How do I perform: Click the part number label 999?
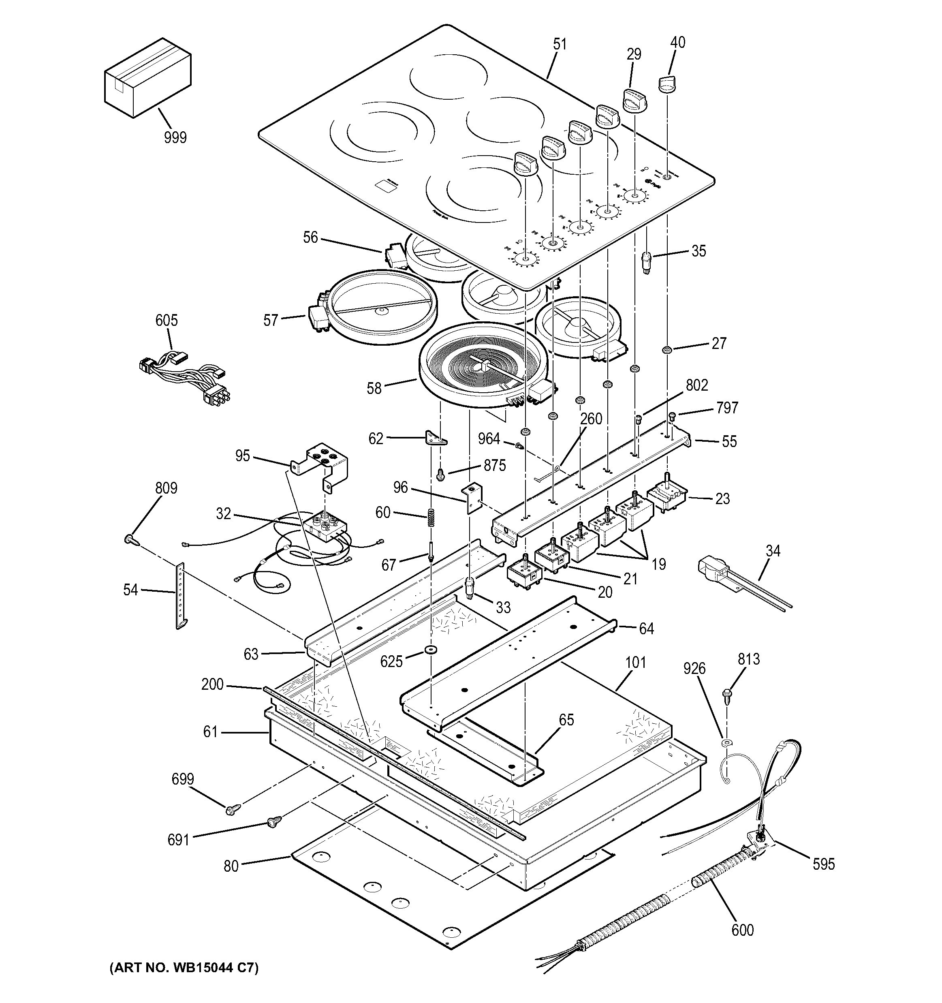pyautogui.click(x=175, y=137)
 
